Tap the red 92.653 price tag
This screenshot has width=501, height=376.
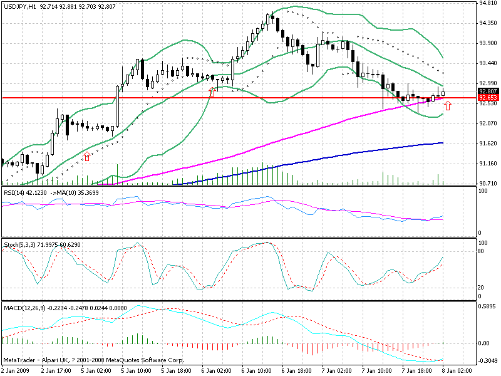[x=487, y=98]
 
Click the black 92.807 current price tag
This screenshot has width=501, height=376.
[x=487, y=91]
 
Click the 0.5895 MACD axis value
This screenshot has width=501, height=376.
[x=487, y=307]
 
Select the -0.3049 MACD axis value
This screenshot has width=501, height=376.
[x=487, y=362]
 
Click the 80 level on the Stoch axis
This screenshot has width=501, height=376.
[x=482, y=251]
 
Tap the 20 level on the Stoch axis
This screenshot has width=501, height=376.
[x=482, y=287]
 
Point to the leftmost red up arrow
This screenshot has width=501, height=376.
[x=86, y=157]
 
